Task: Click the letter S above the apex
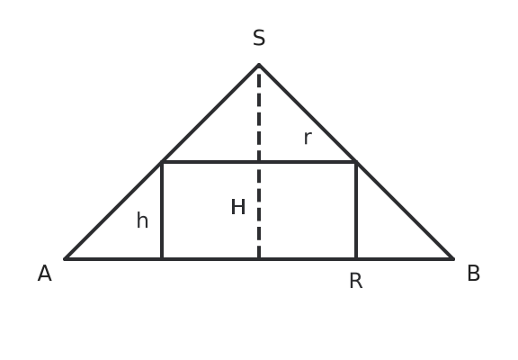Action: (x=259, y=38)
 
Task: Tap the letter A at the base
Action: (x=45, y=274)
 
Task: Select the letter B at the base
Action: (x=473, y=274)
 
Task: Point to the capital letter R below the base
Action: (x=356, y=281)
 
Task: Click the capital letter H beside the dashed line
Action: (x=237, y=207)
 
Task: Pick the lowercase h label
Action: (x=142, y=220)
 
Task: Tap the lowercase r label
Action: (x=308, y=138)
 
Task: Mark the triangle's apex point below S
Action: (x=259, y=65)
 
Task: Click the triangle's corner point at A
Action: (x=65, y=259)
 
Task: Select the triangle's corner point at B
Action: (x=453, y=259)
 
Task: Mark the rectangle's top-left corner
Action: (x=162, y=162)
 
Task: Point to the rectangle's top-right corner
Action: (x=356, y=162)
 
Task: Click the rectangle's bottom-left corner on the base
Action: (x=162, y=259)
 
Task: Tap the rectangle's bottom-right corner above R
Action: (x=356, y=259)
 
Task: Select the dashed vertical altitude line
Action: (x=259, y=166)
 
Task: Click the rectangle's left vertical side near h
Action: (x=162, y=211)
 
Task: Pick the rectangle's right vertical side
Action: (x=356, y=211)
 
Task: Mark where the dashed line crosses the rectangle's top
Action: (x=259, y=162)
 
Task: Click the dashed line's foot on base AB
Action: (x=259, y=259)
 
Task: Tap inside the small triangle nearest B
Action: (x=387, y=228)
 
